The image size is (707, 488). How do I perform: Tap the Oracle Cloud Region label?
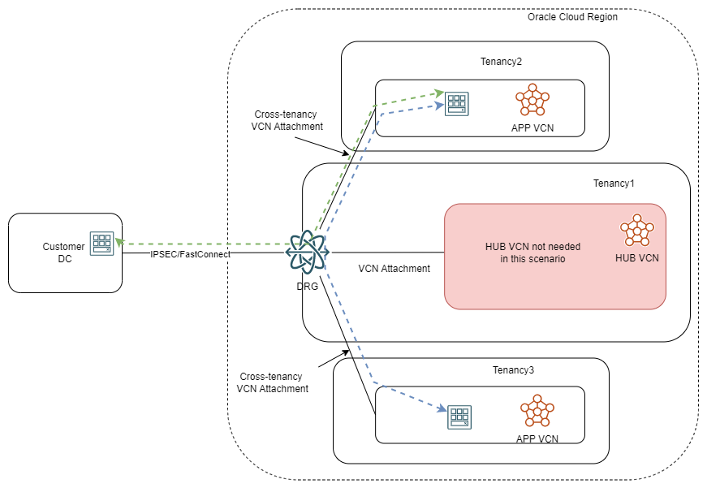572,17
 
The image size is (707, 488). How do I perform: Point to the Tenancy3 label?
513,370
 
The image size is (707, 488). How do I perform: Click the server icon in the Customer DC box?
102,244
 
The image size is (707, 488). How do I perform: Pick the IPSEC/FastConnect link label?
190,254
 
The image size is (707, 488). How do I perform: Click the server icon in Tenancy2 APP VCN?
457,103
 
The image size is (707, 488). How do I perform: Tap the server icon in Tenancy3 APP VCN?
460,417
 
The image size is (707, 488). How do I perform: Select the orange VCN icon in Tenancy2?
532,101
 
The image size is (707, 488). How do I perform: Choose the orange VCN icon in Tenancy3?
537,412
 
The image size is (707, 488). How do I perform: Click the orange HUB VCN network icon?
636,231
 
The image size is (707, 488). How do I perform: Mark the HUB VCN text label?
637,258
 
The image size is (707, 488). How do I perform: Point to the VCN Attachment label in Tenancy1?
394,268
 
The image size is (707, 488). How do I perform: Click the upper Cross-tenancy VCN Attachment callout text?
288,120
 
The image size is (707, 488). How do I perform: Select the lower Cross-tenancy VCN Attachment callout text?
273,382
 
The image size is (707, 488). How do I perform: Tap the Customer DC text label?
63,253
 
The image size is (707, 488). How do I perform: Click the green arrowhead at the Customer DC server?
119,241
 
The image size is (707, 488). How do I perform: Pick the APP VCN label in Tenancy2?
532,128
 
